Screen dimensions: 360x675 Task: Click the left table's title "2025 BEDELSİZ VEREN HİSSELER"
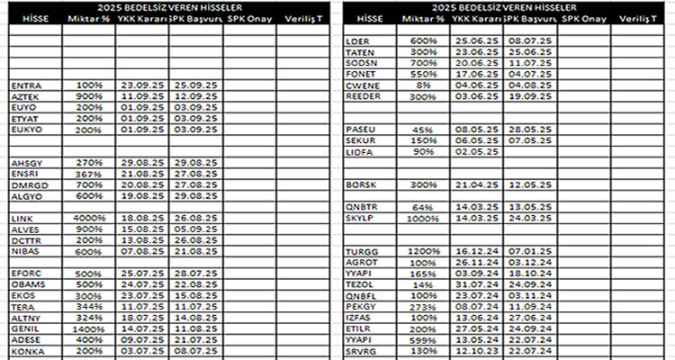point(167,7)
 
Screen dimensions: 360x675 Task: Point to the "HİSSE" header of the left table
point(34,18)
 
